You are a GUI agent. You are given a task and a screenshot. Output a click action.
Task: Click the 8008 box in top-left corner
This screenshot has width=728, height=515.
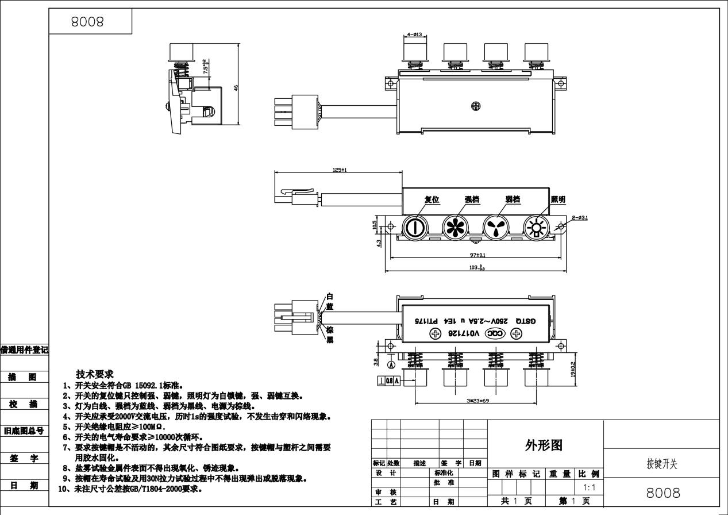(x=87, y=22)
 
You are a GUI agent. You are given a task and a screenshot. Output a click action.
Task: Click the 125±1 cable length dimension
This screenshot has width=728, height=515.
(x=340, y=170)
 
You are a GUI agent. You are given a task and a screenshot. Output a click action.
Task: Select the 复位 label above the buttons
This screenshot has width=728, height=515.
(x=432, y=199)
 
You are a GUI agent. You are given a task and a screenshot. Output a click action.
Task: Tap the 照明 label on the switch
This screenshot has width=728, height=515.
(x=558, y=199)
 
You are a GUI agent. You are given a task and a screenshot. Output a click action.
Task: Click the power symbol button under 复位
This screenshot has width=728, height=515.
(x=413, y=228)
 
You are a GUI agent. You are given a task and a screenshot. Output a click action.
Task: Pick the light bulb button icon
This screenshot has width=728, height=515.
(x=536, y=228)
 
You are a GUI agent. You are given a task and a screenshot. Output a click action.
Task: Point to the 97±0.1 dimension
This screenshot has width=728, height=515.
(x=477, y=255)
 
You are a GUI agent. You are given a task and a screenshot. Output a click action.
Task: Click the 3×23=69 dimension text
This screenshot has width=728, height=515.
(x=478, y=401)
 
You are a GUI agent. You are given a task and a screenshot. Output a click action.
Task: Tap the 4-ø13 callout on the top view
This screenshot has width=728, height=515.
(x=414, y=34)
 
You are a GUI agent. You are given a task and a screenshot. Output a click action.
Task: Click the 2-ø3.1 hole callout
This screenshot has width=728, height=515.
(x=580, y=217)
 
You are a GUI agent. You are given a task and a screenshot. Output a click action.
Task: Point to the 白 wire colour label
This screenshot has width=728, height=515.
(x=329, y=297)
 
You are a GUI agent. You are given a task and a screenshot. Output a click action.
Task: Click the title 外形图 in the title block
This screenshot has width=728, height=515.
(x=544, y=445)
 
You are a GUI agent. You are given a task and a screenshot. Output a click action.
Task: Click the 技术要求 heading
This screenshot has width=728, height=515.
(x=95, y=374)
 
